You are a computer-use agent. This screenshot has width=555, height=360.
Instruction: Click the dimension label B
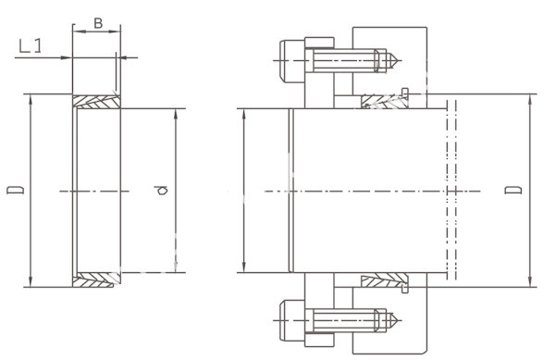(x=98, y=23)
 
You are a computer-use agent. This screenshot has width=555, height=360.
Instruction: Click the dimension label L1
(x=31, y=46)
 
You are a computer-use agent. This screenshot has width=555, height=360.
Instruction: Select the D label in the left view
(x=16, y=189)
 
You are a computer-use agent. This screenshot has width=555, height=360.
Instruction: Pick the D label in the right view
(x=513, y=190)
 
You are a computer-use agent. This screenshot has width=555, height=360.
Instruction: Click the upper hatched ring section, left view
(x=96, y=101)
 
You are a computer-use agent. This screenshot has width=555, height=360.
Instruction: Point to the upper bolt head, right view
(x=292, y=61)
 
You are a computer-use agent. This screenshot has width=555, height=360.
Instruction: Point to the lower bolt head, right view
(x=292, y=320)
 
